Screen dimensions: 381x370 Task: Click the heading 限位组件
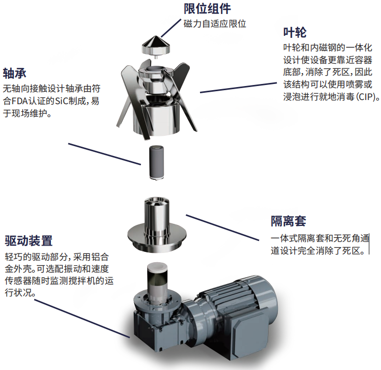(x=207, y=9)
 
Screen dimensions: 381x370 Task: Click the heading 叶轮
(x=295, y=33)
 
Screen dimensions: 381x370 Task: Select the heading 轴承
(x=15, y=73)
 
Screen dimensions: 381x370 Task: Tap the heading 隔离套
(x=288, y=221)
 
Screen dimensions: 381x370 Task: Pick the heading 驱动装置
(x=29, y=240)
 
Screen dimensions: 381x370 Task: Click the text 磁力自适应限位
(x=215, y=24)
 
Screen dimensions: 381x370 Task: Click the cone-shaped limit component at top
(x=156, y=46)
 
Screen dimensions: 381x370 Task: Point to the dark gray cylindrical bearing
(x=156, y=162)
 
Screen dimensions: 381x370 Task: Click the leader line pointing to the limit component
(x=171, y=28)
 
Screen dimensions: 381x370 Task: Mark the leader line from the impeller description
(x=238, y=88)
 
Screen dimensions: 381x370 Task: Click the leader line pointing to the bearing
(x=105, y=154)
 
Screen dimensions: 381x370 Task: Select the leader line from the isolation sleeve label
(x=222, y=227)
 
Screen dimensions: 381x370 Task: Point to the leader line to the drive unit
(x=82, y=319)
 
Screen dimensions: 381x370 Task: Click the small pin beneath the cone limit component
(x=156, y=57)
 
